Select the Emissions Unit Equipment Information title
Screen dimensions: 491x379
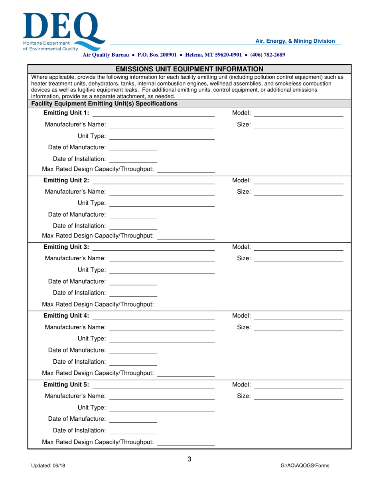tap(189, 69)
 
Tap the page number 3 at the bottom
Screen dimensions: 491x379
tap(189, 459)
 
